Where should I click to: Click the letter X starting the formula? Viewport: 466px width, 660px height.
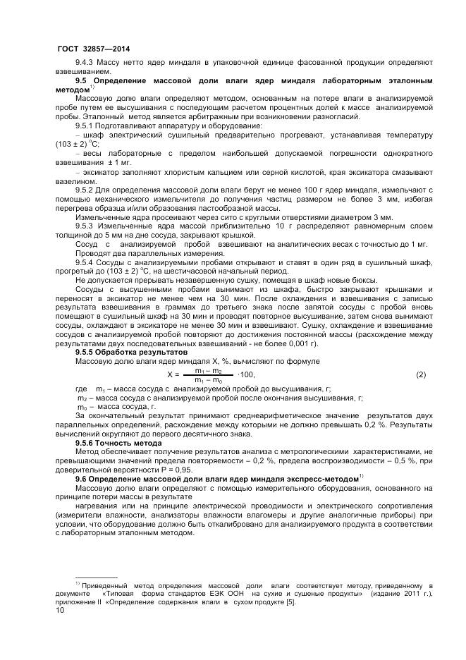170,374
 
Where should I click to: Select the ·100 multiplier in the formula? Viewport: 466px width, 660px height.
246,374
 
